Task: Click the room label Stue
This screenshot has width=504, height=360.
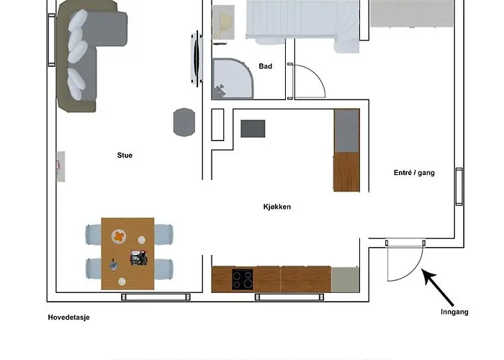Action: (125, 155)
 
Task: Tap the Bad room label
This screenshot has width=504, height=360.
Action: (265, 67)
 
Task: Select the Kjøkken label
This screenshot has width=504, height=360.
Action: (276, 207)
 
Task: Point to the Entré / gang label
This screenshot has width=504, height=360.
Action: (414, 173)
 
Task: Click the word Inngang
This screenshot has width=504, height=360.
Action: (454, 312)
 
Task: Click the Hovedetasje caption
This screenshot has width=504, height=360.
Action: (69, 317)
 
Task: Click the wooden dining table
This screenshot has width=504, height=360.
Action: (127, 253)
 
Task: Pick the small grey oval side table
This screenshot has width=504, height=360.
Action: (184, 122)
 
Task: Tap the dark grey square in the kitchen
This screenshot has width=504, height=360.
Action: (253, 128)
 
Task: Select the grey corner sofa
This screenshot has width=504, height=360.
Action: (90, 54)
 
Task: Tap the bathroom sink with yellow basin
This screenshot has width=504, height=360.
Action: (225, 22)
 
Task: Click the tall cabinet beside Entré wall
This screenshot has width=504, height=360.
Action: (346, 150)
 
